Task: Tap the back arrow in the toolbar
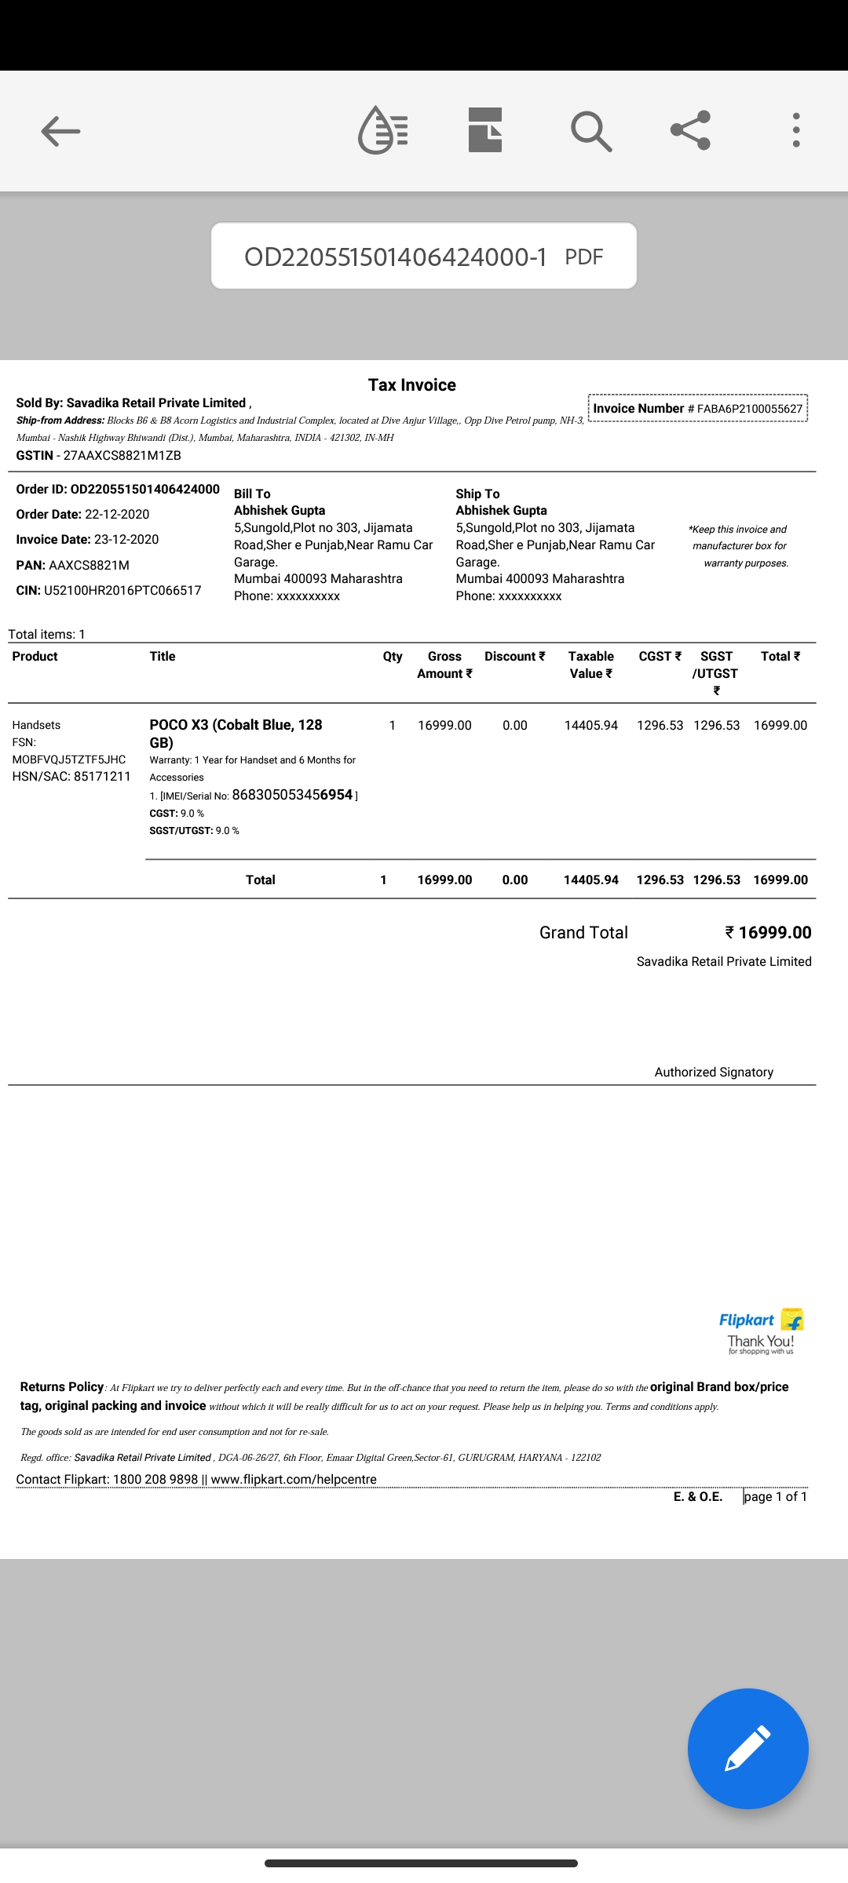60,131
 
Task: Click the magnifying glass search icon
591,131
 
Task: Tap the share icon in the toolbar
690,130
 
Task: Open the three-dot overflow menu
796,130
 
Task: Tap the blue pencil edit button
747,1748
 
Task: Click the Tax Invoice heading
412,384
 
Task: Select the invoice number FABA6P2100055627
750,409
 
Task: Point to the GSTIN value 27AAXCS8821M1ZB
122,455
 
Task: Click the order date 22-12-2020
117,514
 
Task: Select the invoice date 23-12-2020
126,539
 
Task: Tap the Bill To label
252,494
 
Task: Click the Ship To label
477,494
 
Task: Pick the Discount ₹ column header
514,656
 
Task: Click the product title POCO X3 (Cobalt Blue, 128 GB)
236,733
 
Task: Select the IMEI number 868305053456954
292,794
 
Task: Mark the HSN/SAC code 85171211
102,776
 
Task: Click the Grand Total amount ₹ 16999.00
768,932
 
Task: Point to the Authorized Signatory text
714,1072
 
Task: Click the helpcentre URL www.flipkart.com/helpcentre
294,1479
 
